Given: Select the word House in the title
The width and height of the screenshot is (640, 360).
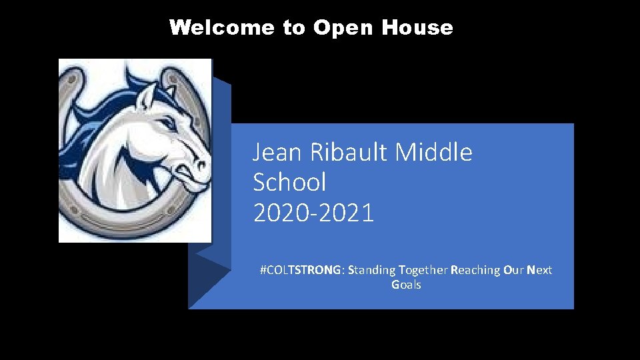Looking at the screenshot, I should click(417, 28).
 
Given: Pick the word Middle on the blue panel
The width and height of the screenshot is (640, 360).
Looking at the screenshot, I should click(434, 153).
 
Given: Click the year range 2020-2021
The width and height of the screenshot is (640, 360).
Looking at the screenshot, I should click(313, 213).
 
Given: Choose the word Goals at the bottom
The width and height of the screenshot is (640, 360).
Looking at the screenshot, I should click(406, 285).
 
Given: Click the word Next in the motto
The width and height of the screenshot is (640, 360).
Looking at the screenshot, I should click(539, 270).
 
